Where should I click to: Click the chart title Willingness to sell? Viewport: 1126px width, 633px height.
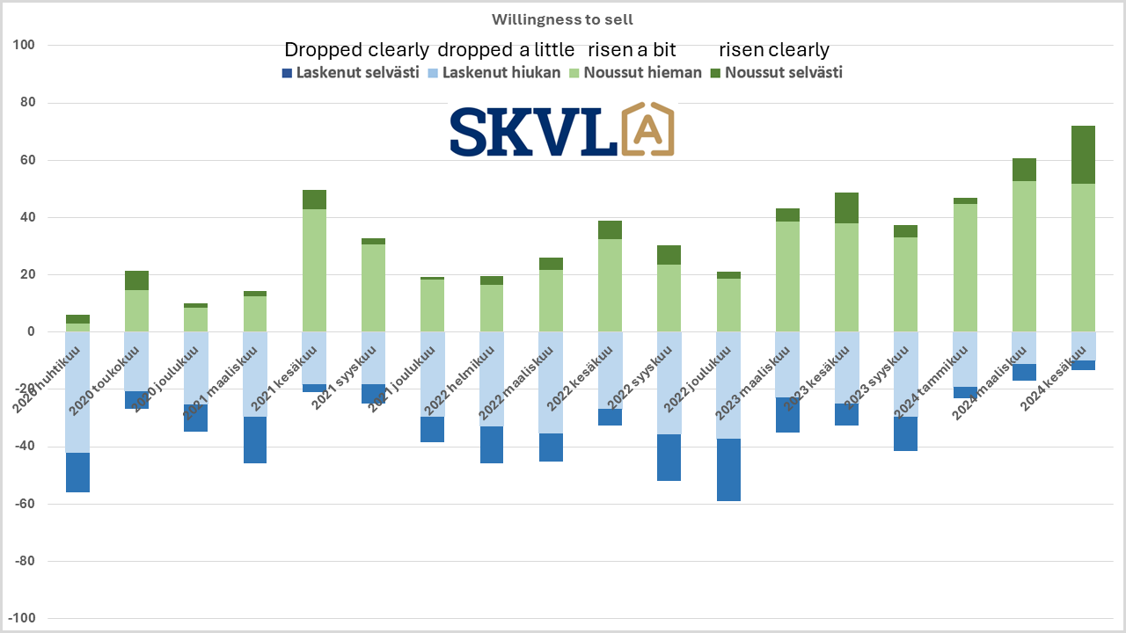(x=562, y=19)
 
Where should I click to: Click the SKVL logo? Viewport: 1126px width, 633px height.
(x=561, y=130)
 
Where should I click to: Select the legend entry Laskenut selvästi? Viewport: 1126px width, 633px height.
(x=349, y=72)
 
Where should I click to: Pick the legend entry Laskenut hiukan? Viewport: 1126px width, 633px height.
(x=494, y=72)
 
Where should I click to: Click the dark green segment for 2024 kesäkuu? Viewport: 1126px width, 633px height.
(x=1083, y=155)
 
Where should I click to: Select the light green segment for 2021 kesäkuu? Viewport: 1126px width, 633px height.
(x=314, y=270)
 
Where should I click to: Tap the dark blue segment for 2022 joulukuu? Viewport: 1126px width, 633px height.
(x=728, y=469)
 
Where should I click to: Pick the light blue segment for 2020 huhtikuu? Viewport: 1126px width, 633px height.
(x=77, y=392)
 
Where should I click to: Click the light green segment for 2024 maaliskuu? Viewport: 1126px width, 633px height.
(x=1024, y=256)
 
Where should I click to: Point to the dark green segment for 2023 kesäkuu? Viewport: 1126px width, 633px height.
(x=846, y=207)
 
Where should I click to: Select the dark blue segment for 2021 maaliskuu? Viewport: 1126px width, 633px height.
(x=255, y=440)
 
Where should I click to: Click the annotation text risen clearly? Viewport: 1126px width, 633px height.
(x=774, y=49)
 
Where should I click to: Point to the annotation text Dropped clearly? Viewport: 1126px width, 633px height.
(x=356, y=49)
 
